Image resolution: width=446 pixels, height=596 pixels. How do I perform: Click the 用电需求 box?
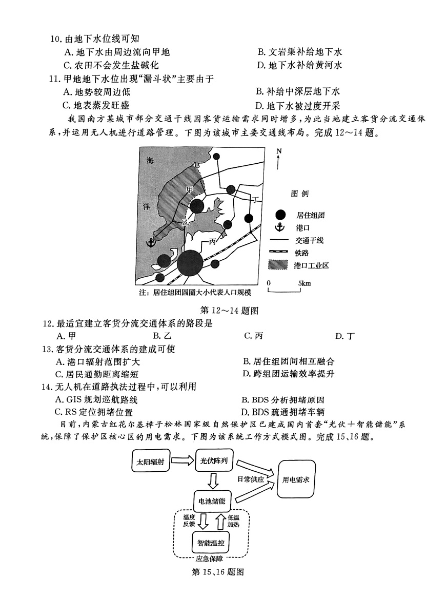[x=299, y=478]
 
